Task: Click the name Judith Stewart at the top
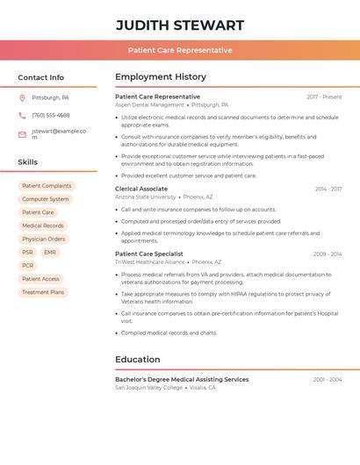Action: click(180, 25)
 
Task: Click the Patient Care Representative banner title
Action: click(180, 50)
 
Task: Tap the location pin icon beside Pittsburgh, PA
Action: click(22, 97)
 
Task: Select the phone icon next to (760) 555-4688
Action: click(22, 115)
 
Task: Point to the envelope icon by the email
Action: click(22, 134)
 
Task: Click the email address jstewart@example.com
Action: click(58, 134)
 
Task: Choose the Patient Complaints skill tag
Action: click(47, 186)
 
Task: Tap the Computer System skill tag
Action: click(45, 199)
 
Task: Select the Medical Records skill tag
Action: click(43, 225)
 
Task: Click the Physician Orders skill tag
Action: click(44, 239)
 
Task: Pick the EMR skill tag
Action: click(50, 253)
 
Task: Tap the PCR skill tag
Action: click(28, 266)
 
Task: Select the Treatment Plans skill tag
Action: click(43, 292)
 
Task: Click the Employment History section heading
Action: click(160, 76)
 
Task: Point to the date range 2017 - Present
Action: click(324, 97)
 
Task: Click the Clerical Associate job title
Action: click(140, 189)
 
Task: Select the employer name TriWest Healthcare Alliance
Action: click(150, 261)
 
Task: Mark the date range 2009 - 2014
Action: click(328, 254)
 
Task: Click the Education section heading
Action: click(138, 359)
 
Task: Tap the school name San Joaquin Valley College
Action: click(149, 387)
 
